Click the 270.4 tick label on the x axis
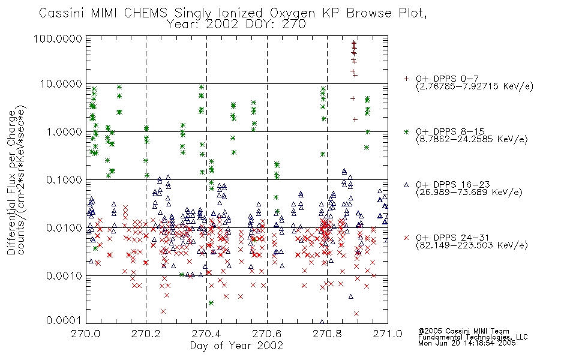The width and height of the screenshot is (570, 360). coord(206,334)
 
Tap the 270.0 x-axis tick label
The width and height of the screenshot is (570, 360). coord(85,334)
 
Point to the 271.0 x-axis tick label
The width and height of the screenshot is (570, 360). coord(388,334)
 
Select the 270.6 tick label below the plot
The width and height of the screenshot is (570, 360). coord(267,334)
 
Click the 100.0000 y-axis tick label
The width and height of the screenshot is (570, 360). coord(58,38)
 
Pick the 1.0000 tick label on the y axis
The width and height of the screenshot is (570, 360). coord(64,131)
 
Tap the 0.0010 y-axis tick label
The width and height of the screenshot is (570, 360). coord(64,275)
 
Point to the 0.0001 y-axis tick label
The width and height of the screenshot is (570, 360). coord(64,320)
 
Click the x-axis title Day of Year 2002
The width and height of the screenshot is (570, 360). coord(236,346)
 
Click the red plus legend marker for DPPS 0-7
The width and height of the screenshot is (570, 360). coord(406,79)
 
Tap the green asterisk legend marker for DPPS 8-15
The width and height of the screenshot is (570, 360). coord(406,131)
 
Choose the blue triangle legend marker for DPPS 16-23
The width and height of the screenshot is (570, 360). coord(406,185)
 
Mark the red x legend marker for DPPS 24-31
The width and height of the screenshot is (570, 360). coord(406,238)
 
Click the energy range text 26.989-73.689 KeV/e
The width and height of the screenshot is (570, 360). coord(469,193)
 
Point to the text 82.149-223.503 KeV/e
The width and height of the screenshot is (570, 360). coord(472,245)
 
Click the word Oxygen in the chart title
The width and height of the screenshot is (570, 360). coord(292,13)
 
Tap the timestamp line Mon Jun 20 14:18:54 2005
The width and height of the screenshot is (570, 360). coord(467,343)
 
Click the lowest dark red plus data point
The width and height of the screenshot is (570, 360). coord(355,119)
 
